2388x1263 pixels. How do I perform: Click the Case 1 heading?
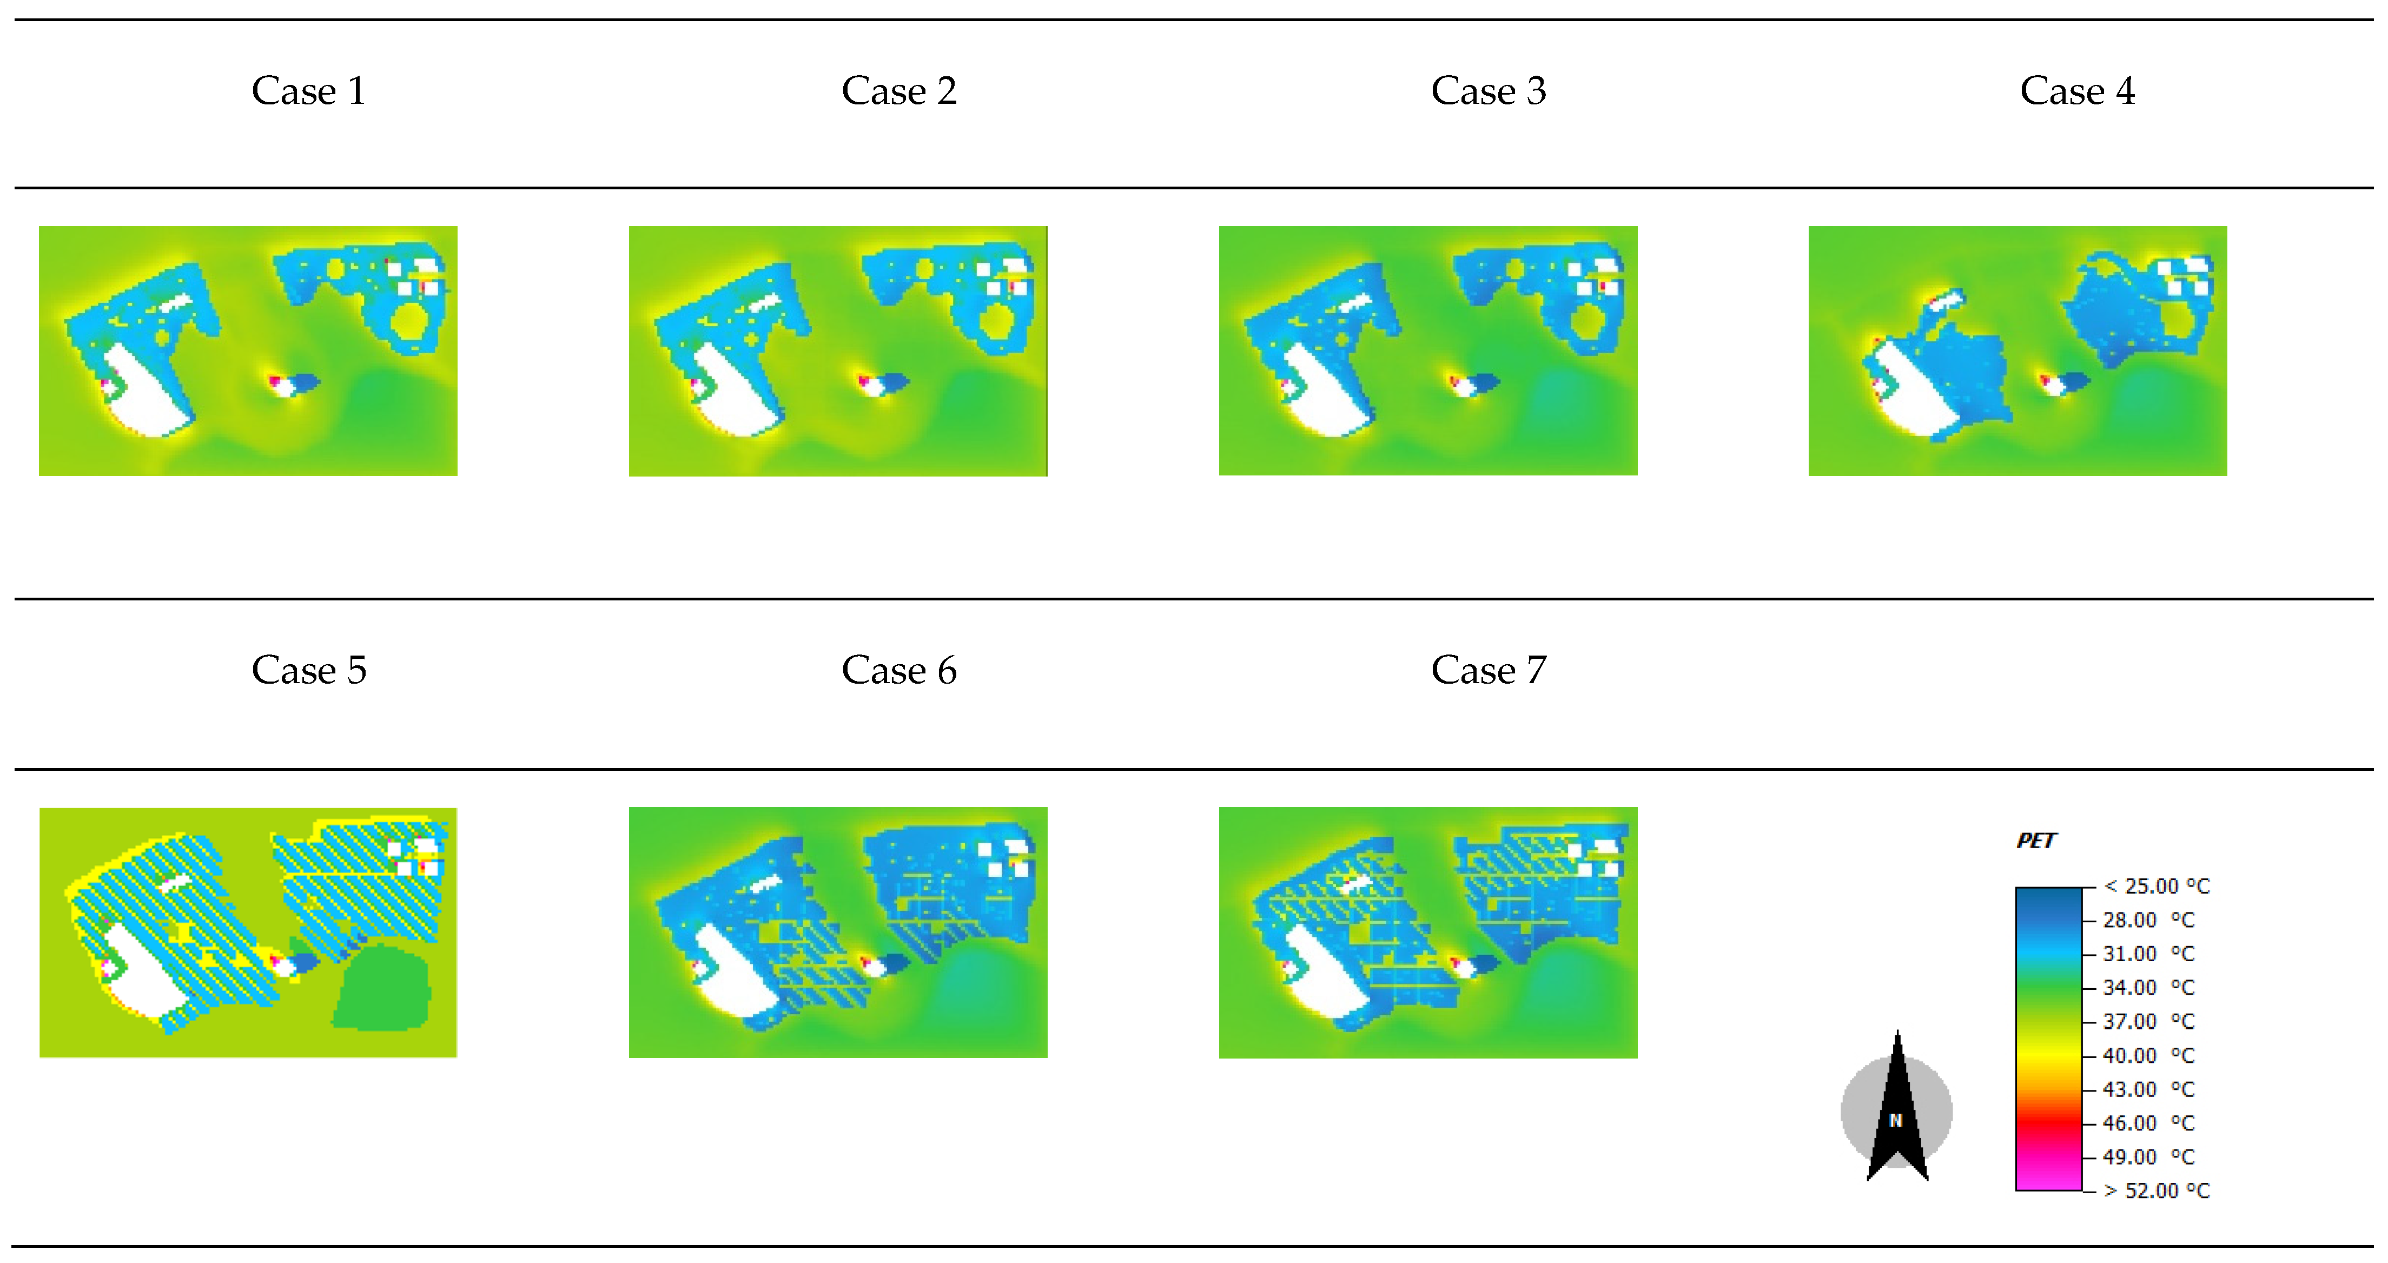[x=309, y=91]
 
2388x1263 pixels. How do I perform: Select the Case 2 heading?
[x=898, y=91]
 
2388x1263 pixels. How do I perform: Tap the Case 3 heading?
[x=1488, y=91]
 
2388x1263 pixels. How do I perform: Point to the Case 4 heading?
[x=2078, y=91]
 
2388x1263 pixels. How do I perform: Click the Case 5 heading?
[x=309, y=670]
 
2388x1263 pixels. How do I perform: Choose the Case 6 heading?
[x=898, y=670]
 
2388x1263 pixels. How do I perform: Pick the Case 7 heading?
[x=1488, y=670]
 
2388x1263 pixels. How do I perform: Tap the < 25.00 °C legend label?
[x=2157, y=887]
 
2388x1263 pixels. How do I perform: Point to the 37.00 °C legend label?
[x=2149, y=1022]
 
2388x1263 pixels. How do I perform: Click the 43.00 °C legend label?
[x=2149, y=1089]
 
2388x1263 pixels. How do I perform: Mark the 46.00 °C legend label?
[x=2149, y=1123]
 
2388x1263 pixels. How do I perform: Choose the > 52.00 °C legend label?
[x=2157, y=1191]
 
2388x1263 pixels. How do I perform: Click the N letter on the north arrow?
[x=1896, y=1120]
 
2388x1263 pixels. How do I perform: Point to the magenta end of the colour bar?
[x=2049, y=1176]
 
